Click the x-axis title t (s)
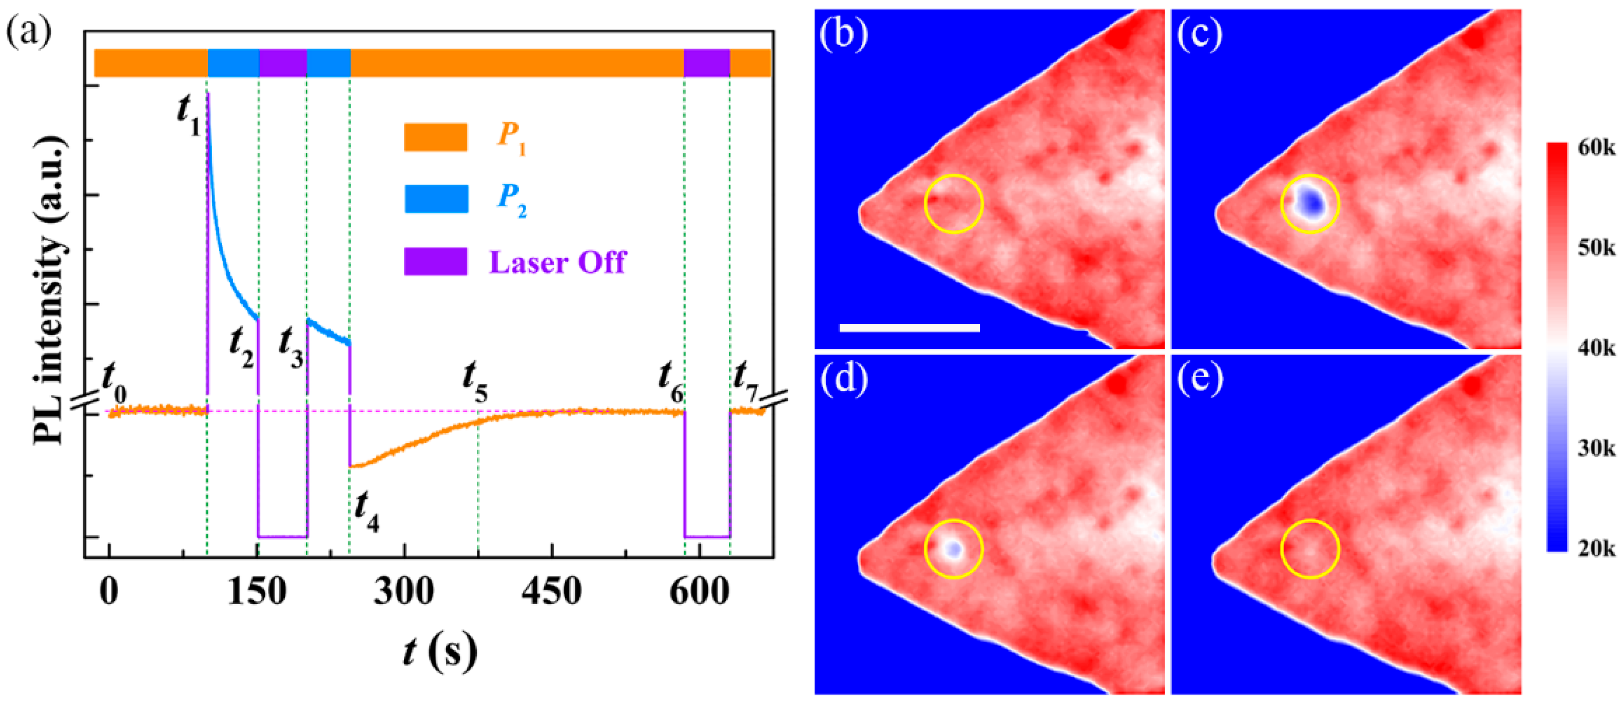click(x=440, y=654)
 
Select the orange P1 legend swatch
click(x=435, y=137)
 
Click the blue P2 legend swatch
click(x=435, y=199)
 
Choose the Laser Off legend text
click(x=557, y=262)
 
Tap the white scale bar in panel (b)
click(x=909, y=327)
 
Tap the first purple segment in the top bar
click(x=282, y=63)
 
